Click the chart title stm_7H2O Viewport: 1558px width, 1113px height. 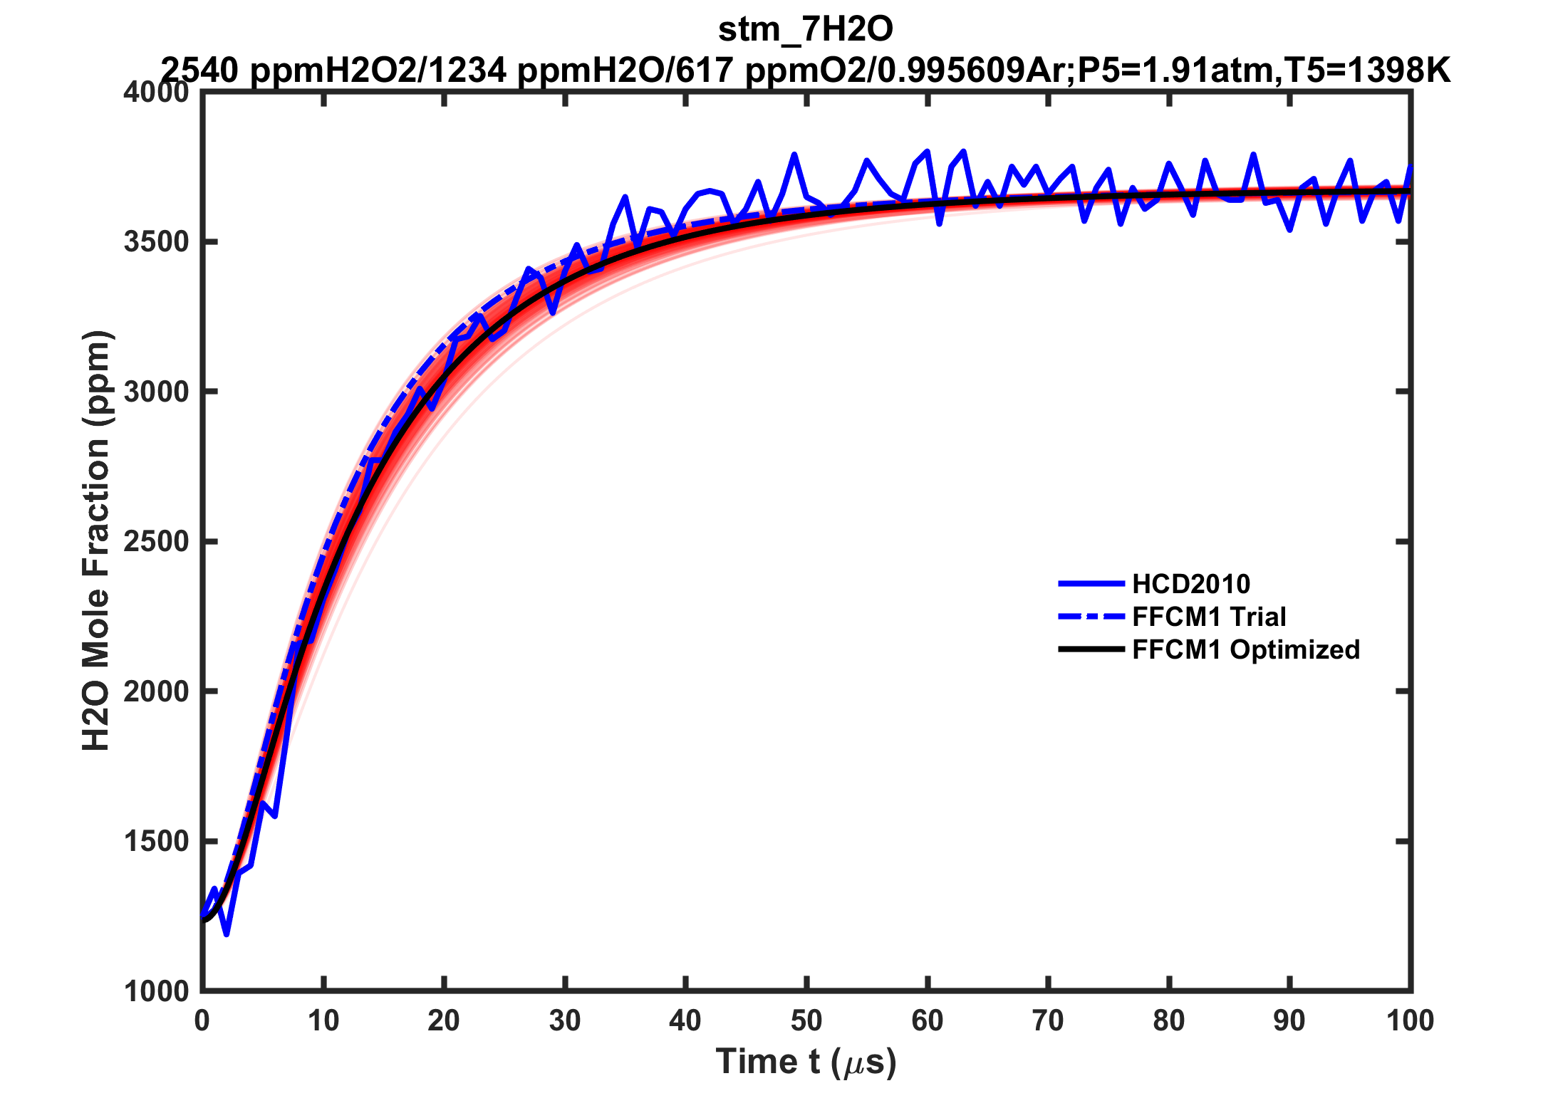click(x=805, y=30)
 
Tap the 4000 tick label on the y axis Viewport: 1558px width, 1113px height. click(x=157, y=93)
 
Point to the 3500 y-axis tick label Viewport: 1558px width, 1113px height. click(x=157, y=242)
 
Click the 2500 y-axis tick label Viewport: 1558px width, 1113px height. click(x=157, y=542)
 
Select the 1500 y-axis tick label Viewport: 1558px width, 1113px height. click(x=157, y=841)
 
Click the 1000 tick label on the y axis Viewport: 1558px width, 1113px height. click(x=157, y=991)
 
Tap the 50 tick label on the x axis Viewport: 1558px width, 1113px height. click(x=806, y=1021)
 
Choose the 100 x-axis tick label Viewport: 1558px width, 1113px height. click(x=1410, y=1021)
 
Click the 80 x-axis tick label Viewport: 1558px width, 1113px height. click(x=1168, y=1021)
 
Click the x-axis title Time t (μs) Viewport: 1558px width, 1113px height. click(x=806, y=1062)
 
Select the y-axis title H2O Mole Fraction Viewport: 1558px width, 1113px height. click(x=96, y=541)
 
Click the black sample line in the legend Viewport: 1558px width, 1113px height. click(x=1091, y=649)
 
